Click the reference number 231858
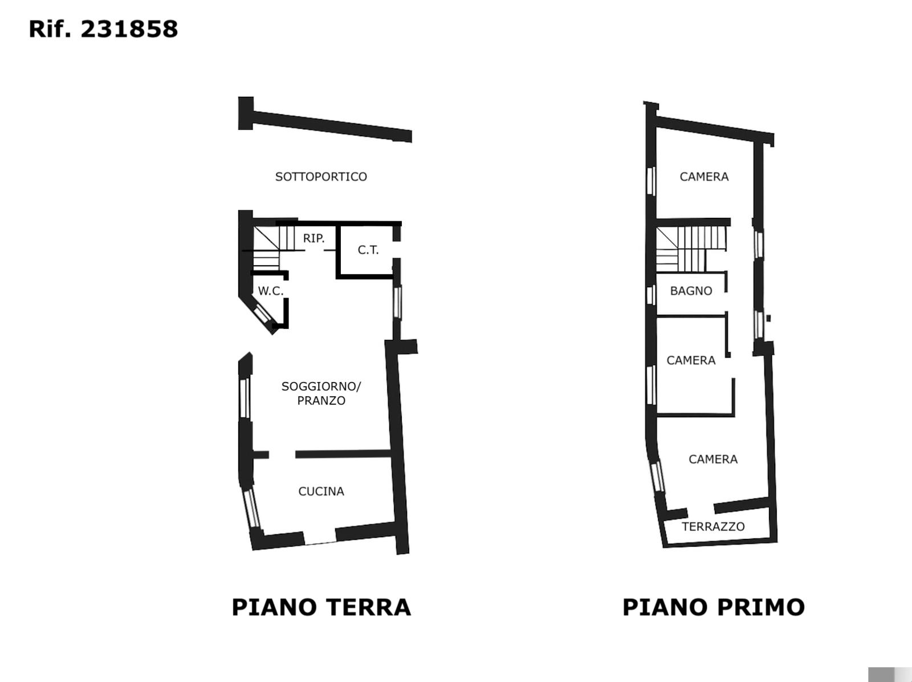(x=129, y=30)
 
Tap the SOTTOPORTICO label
(x=321, y=177)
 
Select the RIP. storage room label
(x=313, y=238)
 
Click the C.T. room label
(x=368, y=250)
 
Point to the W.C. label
(x=271, y=291)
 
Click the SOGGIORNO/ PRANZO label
(x=321, y=393)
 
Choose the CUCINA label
(x=321, y=491)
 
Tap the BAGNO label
(x=691, y=291)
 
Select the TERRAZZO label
(x=713, y=526)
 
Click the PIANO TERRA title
(x=321, y=607)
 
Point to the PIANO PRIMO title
(x=714, y=607)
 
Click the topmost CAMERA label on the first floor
(x=704, y=177)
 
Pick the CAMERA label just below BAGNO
(x=691, y=360)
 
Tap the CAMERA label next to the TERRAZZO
(x=713, y=459)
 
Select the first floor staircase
(x=690, y=249)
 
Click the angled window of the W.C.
(x=262, y=314)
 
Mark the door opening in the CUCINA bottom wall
(x=320, y=537)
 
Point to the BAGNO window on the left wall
(x=651, y=295)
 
